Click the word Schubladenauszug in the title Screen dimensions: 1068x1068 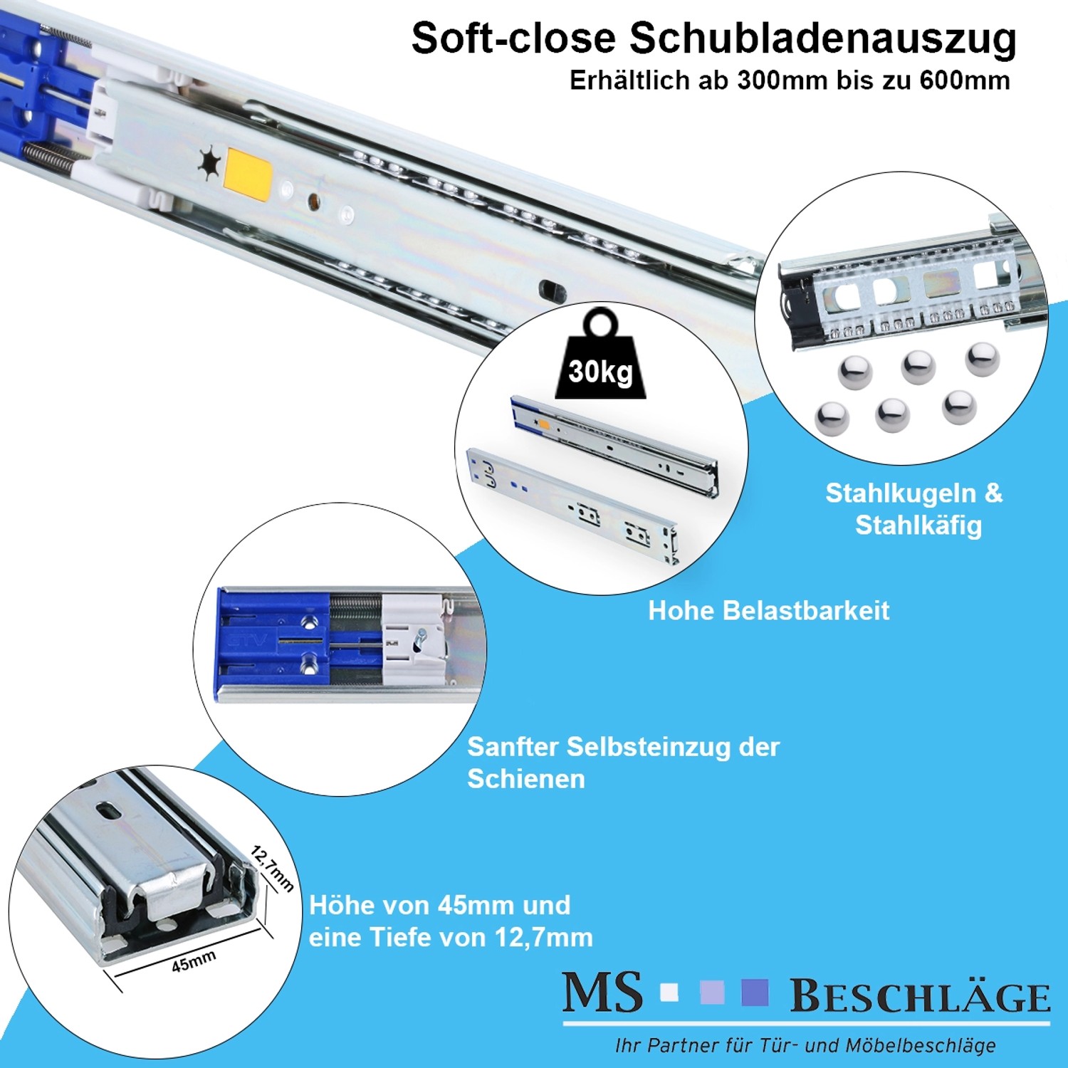click(822, 39)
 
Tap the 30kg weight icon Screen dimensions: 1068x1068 click(600, 360)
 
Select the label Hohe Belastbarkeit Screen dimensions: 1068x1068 click(768, 610)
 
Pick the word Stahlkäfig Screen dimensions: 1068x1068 click(918, 525)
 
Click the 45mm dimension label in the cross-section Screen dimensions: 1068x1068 click(193, 962)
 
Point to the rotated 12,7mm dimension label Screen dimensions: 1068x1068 click(272, 869)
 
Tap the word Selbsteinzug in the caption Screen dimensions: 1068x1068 click(649, 747)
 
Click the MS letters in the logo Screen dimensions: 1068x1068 click(602, 993)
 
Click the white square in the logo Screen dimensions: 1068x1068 click(669, 992)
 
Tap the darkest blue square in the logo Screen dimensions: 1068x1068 click(755, 992)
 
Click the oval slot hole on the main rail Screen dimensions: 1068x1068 click(553, 290)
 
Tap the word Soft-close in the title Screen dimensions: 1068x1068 click(513, 39)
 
